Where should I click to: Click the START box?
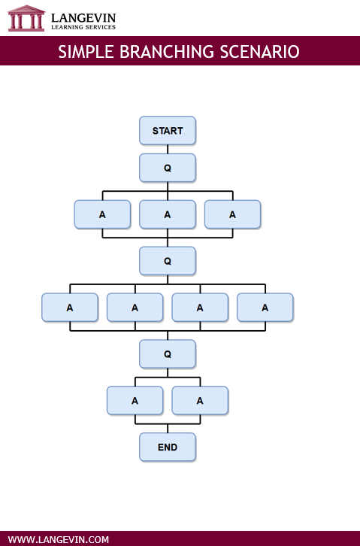(168, 131)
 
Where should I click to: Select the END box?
(168, 447)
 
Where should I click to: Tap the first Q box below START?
(168, 168)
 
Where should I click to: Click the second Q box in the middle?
(168, 261)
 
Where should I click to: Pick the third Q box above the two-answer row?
(168, 353)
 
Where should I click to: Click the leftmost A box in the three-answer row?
(102, 214)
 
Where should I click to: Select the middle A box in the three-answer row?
(168, 214)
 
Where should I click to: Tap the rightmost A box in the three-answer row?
(232, 214)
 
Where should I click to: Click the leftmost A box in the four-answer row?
(70, 307)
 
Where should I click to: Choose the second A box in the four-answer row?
(135, 307)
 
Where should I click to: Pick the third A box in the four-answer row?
(200, 307)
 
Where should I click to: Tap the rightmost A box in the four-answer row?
(265, 307)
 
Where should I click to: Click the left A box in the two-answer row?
(135, 400)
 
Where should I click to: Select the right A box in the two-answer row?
(200, 400)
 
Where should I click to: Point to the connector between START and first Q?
(168, 149)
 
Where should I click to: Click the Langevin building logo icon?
(26, 18)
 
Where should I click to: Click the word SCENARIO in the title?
(260, 52)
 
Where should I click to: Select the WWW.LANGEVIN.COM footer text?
(59, 539)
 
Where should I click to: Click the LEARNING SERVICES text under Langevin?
(83, 26)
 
